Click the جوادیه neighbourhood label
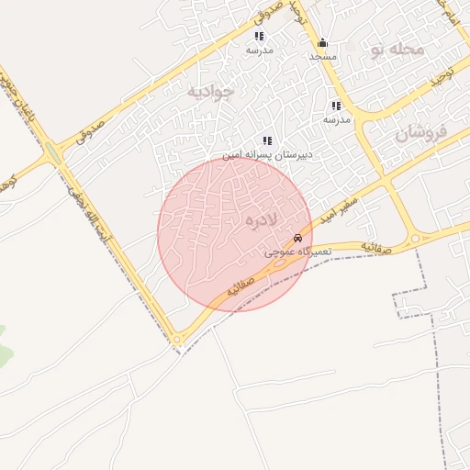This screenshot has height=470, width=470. click(x=210, y=91)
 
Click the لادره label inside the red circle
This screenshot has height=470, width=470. click(x=262, y=221)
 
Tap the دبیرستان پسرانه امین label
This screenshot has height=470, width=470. click(x=269, y=154)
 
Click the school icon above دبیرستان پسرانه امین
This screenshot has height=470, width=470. click(x=267, y=140)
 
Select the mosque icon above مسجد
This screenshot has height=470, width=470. click(x=322, y=43)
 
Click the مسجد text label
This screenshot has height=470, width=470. click(x=322, y=57)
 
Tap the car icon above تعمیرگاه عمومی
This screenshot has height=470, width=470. click(x=296, y=238)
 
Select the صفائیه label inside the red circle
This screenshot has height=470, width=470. click(x=241, y=282)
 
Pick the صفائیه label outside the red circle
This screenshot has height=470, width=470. click(x=377, y=248)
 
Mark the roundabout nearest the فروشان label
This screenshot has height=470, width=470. click(x=414, y=239)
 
